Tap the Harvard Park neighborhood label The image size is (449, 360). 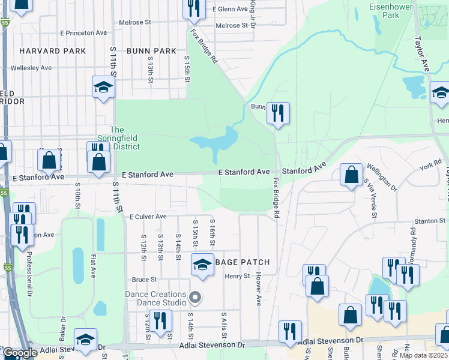tap(52, 52)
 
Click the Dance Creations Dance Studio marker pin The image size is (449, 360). tap(194, 297)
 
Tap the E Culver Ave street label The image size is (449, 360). tap(148, 216)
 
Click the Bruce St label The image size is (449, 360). tap(144, 280)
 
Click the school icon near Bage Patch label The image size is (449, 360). tap(202, 264)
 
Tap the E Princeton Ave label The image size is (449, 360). tap(83, 33)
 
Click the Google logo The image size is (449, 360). tap(19, 353)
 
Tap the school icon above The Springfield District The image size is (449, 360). tap(103, 87)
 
